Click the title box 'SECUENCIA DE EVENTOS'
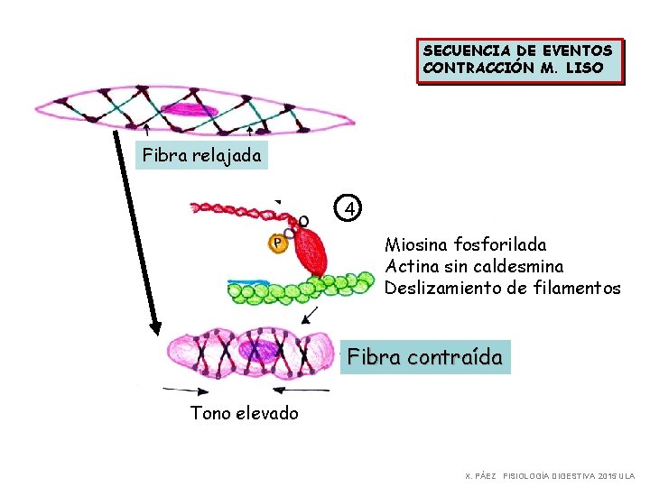click(x=518, y=60)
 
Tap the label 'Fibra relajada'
click(x=202, y=155)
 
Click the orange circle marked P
click(x=277, y=243)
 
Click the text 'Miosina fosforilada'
click(x=465, y=244)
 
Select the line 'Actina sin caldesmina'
click(x=474, y=266)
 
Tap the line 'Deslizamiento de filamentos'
click(x=502, y=289)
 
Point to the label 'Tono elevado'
click(x=244, y=413)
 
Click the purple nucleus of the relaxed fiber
click(x=190, y=111)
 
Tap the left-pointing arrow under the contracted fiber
click(x=298, y=390)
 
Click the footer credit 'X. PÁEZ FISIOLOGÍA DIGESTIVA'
click(x=549, y=475)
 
